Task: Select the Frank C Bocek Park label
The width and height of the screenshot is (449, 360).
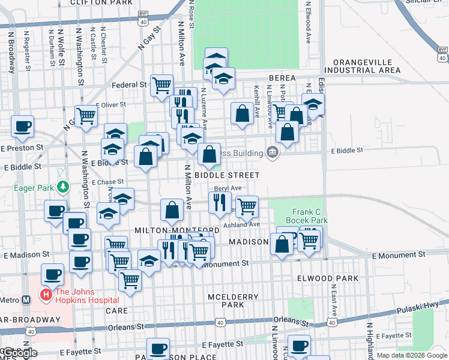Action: pos(310,216)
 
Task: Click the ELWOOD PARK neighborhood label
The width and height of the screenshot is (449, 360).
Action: pos(328,278)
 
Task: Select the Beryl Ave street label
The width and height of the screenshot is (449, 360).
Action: pos(228,188)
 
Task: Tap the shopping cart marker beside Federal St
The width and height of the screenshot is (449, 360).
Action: pos(161,85)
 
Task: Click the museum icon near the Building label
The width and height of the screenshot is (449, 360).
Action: pos(273,152)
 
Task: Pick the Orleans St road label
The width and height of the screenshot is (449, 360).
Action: pos(125,328)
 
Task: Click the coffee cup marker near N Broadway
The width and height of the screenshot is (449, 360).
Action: pos(22,127)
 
